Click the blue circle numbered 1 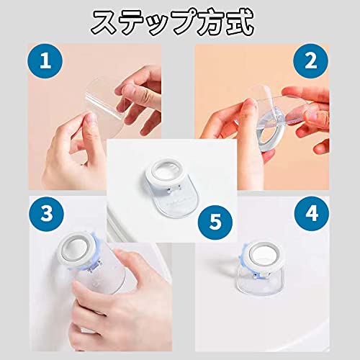45,61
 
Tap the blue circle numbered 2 311,61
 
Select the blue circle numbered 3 47,214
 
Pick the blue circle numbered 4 312,214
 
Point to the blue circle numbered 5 215,222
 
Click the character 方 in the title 207,23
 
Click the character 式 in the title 240,23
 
